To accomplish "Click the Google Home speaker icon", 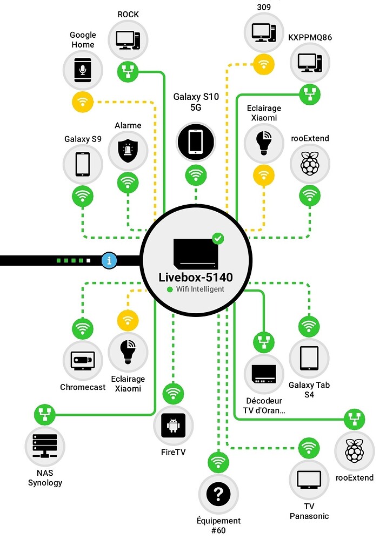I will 82,70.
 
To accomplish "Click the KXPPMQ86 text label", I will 310,37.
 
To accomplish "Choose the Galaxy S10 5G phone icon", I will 196,142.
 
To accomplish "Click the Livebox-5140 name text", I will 196,277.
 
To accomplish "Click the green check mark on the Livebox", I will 218,238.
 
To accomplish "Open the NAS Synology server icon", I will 45,447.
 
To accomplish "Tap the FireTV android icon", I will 173,426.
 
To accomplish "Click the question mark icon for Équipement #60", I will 218,493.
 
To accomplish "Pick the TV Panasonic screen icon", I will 309,478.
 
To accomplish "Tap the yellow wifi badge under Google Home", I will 82,102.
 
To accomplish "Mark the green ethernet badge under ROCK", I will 128,71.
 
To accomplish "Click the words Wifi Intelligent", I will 199,289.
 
